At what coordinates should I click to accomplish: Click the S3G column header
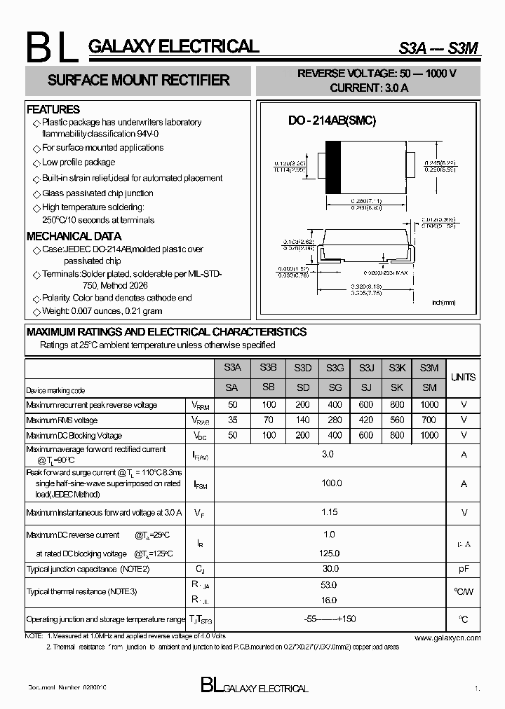tap(335, 368)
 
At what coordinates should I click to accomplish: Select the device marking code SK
tap(398, 387)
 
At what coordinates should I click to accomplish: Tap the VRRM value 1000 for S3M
tap(429, 405)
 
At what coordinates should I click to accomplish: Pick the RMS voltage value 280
tap(335, 420)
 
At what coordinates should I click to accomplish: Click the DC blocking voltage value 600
tap(366, 435)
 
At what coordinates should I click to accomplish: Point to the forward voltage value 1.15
tap(329, 513)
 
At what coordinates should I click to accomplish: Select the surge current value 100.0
tap(331, 483)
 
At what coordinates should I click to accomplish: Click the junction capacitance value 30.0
tap(330, 569)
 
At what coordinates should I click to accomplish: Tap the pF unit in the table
tap(464, 569)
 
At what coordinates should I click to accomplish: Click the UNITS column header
tap(463, 377)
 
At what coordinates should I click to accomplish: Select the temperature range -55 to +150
tap(330, 619)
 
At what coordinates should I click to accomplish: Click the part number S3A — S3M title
tap(429, 48)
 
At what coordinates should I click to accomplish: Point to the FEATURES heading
tap(53, 109)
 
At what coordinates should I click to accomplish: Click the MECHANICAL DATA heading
tap(74, 236)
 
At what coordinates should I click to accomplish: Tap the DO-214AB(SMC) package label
tap(332, 121)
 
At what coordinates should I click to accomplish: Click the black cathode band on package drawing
tap(334, 167)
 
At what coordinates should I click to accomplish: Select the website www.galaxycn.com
tap(447, 638)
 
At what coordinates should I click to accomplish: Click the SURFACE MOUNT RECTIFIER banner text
tap(138, 81)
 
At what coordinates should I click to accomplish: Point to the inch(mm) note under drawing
tap(443, 302)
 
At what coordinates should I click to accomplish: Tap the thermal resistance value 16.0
tap(329, 600)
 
